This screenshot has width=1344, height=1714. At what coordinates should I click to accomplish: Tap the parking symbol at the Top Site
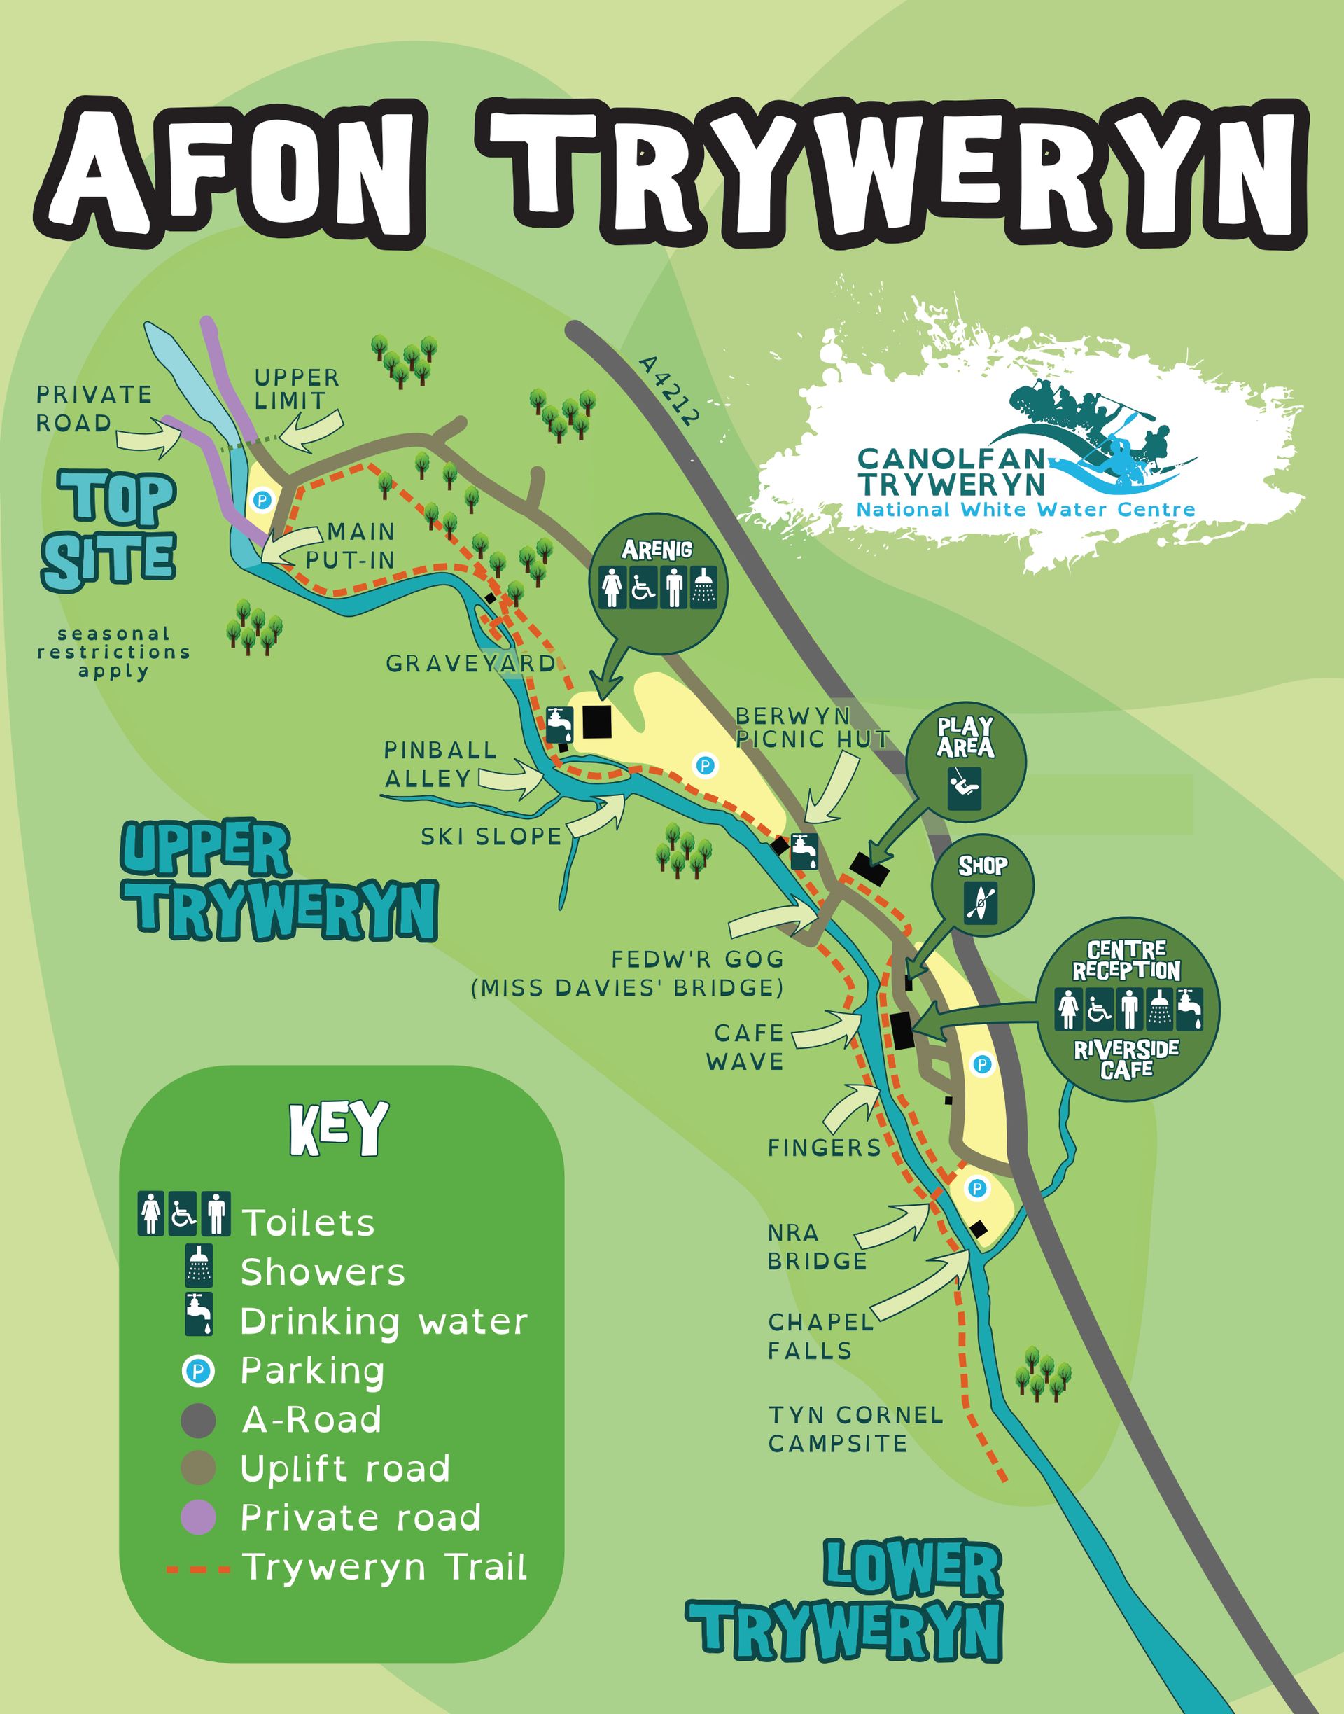pyautogui.click(x=262, y=500)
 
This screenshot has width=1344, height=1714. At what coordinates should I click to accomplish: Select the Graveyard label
pyautogui.click(x=470, y=664)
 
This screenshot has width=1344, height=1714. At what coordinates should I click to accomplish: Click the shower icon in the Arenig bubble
pyautogui.click(x=703, y=587)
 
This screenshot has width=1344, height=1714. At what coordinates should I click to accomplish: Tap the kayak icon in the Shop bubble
pyautogui.click(x=981, y=903)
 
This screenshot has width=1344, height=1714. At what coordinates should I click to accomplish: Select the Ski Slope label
pyautogui.click(x=491, y=837)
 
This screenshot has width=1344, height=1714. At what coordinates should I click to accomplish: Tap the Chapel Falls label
pyautogui.click(x=820, y=1335)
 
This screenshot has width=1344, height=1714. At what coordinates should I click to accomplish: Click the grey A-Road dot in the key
pyautogui.click(x=198, y=1421)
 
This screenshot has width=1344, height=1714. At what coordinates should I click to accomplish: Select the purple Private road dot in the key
pyautogui.click(x=198, y=1518)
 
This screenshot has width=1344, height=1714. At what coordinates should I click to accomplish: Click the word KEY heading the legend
pyautogui.click(x=339, y=1129)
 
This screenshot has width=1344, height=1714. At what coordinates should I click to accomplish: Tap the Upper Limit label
pyautogui.click(x=297, y=389)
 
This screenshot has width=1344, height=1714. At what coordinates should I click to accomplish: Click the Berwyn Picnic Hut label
pyautogui.click(x=811, y=727)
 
